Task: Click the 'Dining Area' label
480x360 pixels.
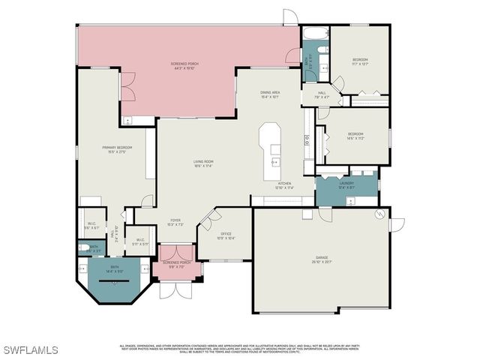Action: tap(270, 94)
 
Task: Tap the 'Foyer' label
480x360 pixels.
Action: tap(175, 223)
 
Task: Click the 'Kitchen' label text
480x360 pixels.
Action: tap(284, 185)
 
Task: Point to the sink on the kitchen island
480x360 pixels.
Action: tap(274, 161)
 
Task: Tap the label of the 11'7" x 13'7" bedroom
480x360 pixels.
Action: tap(360, 62)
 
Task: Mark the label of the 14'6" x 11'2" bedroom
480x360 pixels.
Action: tap(355, 137)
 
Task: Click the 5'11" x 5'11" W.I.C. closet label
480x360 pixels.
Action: tap(140, 242)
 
